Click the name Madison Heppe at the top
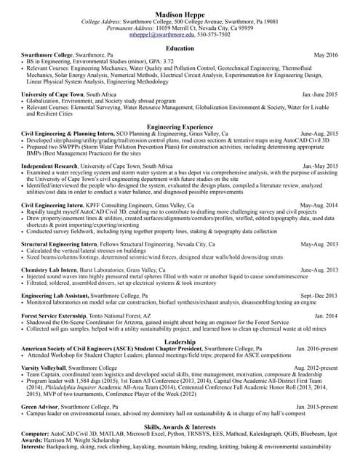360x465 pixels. (180, 14)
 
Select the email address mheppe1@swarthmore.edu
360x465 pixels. (158, 35)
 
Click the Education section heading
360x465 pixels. (180, 48)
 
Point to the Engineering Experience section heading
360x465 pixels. (180, 126)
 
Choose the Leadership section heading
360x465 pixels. (180, 341)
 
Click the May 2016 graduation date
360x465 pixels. (326, 55)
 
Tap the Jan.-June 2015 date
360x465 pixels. (320, 94)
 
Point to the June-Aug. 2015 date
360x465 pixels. (319, 134)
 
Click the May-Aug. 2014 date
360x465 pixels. (321, 206)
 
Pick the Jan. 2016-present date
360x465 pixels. (317, 349)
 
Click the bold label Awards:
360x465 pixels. (33, 440)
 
